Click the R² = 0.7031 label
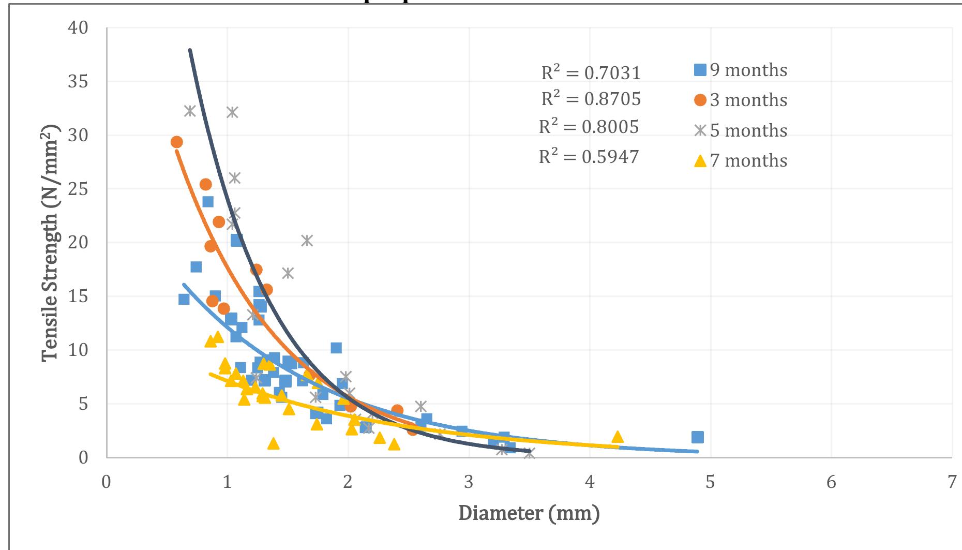pyautogui.click(x=591, y=73)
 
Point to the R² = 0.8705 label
pyautogui.click(x=591, y=99)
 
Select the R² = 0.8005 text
pyautogui.click(x=589, y=127)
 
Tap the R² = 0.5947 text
pyautogui.click(x=589, y=156)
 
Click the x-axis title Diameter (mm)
pyautogui.click(x=529, y=513)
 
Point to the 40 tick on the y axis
pyautogui.click(x=78, y=27)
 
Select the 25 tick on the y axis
pyautogui.click(x=78, y=189)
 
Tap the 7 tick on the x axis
pyautogui.click(x=952, y=482)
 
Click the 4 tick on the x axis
pyautogui.click(x=590, y=482)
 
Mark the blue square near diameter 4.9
pyautogui.click(x=697, y=437)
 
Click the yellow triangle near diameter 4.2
pyautogui.click(x=617, y=437)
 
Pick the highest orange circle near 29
pyautogui.click(x=177, y=142)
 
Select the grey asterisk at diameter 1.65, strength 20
pyautogui.click(x=307, y=241)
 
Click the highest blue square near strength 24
pyautogui.click(x=208, y=201)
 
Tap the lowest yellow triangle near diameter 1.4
pyautogui.click(x=274, y=443)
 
